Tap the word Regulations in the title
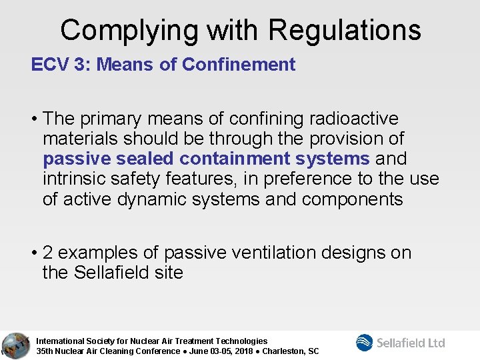pos(345,30)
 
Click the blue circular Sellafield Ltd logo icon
pos(365,343)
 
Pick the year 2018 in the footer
pos(247,351)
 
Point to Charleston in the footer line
pos(286,351)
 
